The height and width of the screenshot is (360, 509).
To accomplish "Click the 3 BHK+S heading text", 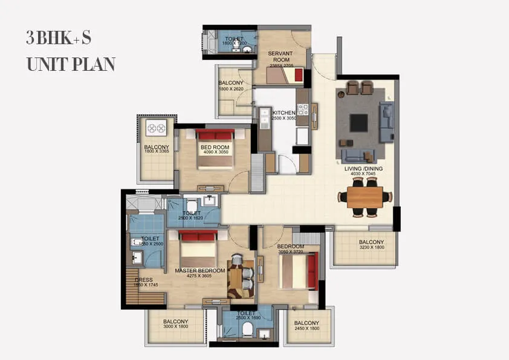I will point(59,38).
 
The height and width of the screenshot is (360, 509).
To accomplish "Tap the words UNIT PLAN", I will point(71,64).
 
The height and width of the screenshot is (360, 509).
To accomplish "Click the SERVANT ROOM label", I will point(280,57).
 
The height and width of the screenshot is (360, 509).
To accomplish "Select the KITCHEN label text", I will point(284,113).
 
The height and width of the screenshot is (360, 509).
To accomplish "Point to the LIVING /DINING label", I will point(365,169).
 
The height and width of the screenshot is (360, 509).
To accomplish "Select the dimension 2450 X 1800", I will point(307,329).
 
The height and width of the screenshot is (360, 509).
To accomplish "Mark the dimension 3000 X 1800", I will point(176,327).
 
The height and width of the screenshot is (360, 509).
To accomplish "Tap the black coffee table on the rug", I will point(358,123).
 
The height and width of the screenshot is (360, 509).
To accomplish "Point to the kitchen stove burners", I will point(302,110).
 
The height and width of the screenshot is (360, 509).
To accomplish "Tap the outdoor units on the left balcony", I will point(156,128).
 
